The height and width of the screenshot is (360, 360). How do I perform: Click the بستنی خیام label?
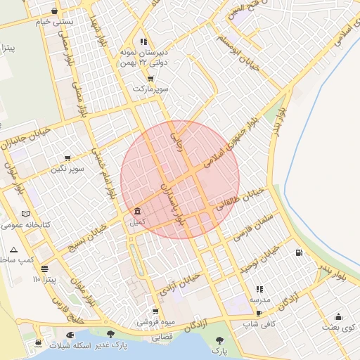(x=55, y=21)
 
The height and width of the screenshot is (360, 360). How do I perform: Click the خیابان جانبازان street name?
(x=27, y=137)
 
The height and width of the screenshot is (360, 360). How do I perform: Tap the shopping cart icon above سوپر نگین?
(x=67, y=158)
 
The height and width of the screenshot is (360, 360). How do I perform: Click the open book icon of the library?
(x=26, y=214)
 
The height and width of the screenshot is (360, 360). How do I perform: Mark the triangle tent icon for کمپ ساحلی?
(x=14, y=250)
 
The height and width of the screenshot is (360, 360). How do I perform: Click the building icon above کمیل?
(x=136, y=212)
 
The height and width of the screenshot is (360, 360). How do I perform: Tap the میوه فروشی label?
(x=154, y=323)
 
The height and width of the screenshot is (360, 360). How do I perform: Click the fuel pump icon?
(x=300, y=252)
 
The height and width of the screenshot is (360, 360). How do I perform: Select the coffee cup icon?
(x=259, y=314)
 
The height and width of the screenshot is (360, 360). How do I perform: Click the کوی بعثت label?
(x=338, y=328)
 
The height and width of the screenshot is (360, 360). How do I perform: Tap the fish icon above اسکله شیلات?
(x=70, y=335)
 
